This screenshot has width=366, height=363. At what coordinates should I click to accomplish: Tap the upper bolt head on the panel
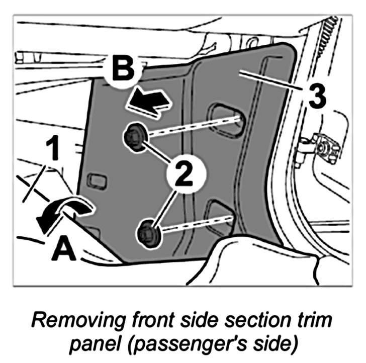point(134,137)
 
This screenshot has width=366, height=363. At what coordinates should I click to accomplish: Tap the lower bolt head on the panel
point(147,232)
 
